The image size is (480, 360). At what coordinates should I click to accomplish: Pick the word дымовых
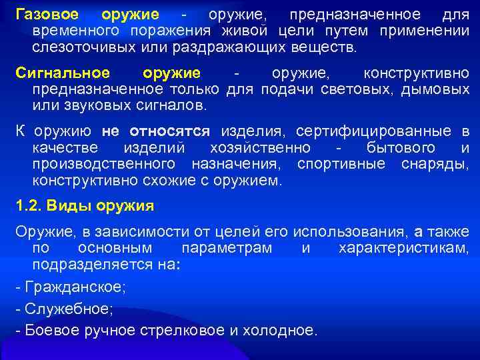click(435, 89)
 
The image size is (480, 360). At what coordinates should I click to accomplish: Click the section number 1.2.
click(29, 206)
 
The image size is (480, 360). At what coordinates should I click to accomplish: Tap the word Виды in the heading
click(69, 206)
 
